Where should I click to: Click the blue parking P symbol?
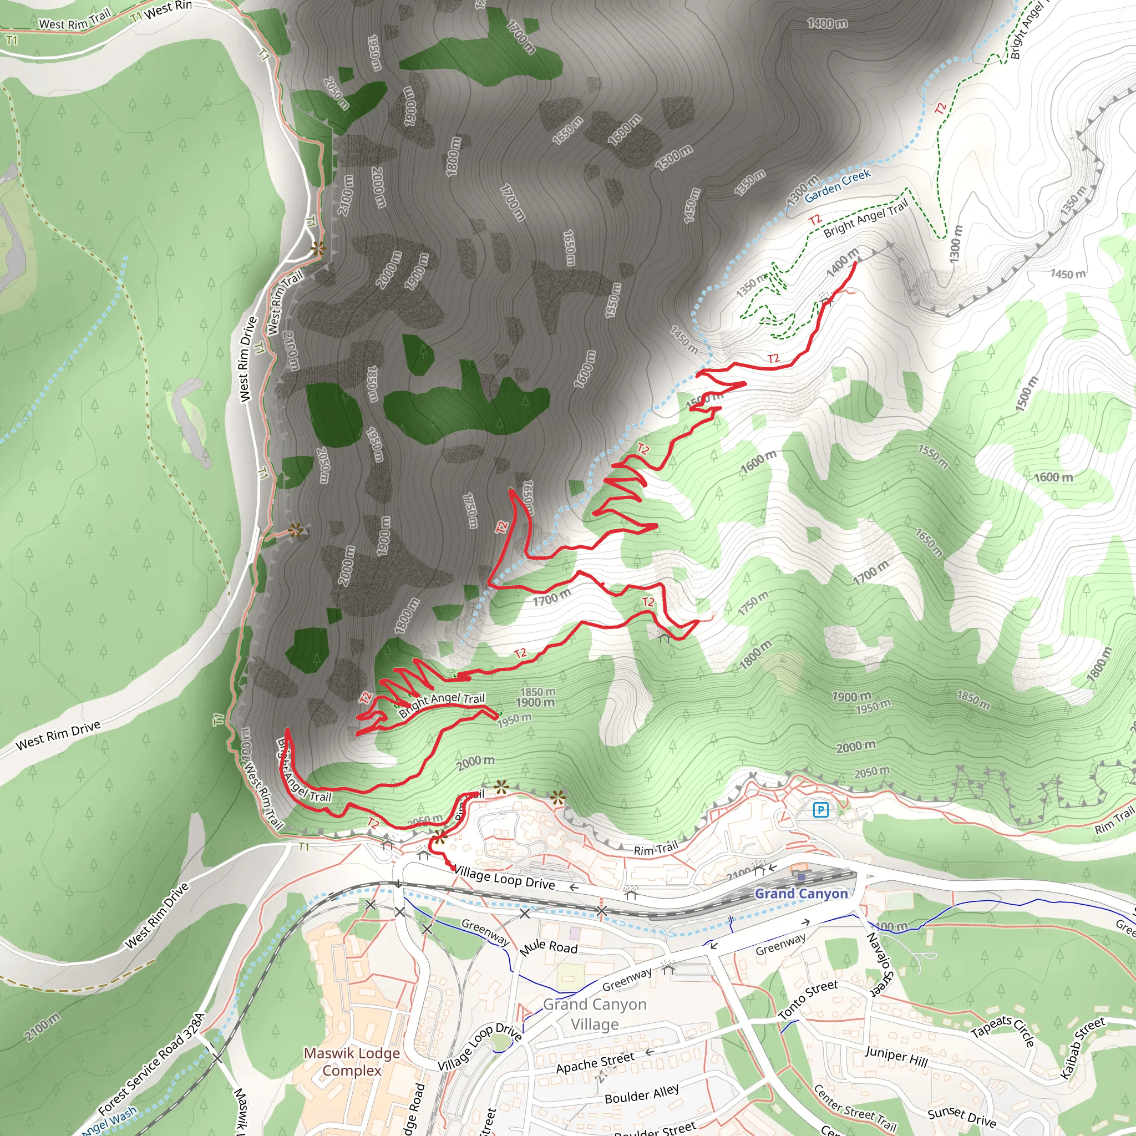(820, 810)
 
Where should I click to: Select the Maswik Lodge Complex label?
(352, 1061)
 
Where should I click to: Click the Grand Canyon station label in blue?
(801, 894)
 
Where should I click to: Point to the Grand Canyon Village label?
(595, 1014)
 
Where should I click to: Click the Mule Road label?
(549, 946)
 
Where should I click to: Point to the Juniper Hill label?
(896, 1057)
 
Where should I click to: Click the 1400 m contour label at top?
(827, 23)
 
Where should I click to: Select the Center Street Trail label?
(855, 1109)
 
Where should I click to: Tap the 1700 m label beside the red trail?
(551, 597)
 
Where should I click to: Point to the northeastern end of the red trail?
(855, 262)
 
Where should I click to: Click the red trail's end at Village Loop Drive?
(452, 868)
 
